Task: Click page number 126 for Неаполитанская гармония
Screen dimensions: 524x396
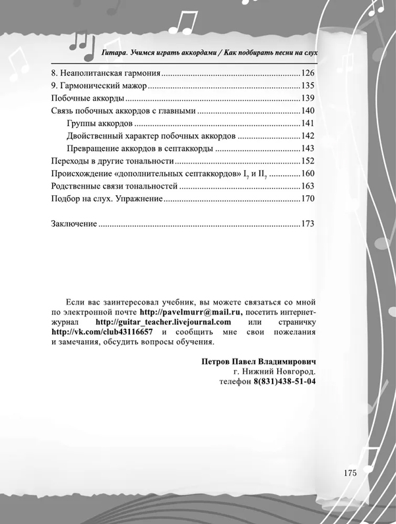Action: [x=308, y=73]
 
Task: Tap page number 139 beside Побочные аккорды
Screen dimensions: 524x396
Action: [x=308, y=98]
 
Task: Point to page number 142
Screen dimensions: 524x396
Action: [x=308, y=136]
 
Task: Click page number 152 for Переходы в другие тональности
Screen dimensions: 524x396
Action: [x=308, y=161]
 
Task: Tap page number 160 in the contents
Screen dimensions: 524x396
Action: [x=308, y=173]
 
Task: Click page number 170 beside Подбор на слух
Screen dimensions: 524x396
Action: [x=308, y=198]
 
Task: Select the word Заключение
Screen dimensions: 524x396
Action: [x=73, y=224]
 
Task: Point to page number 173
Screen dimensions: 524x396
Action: [x=308, y=224]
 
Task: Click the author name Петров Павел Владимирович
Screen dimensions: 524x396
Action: [x=258, y=362]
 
